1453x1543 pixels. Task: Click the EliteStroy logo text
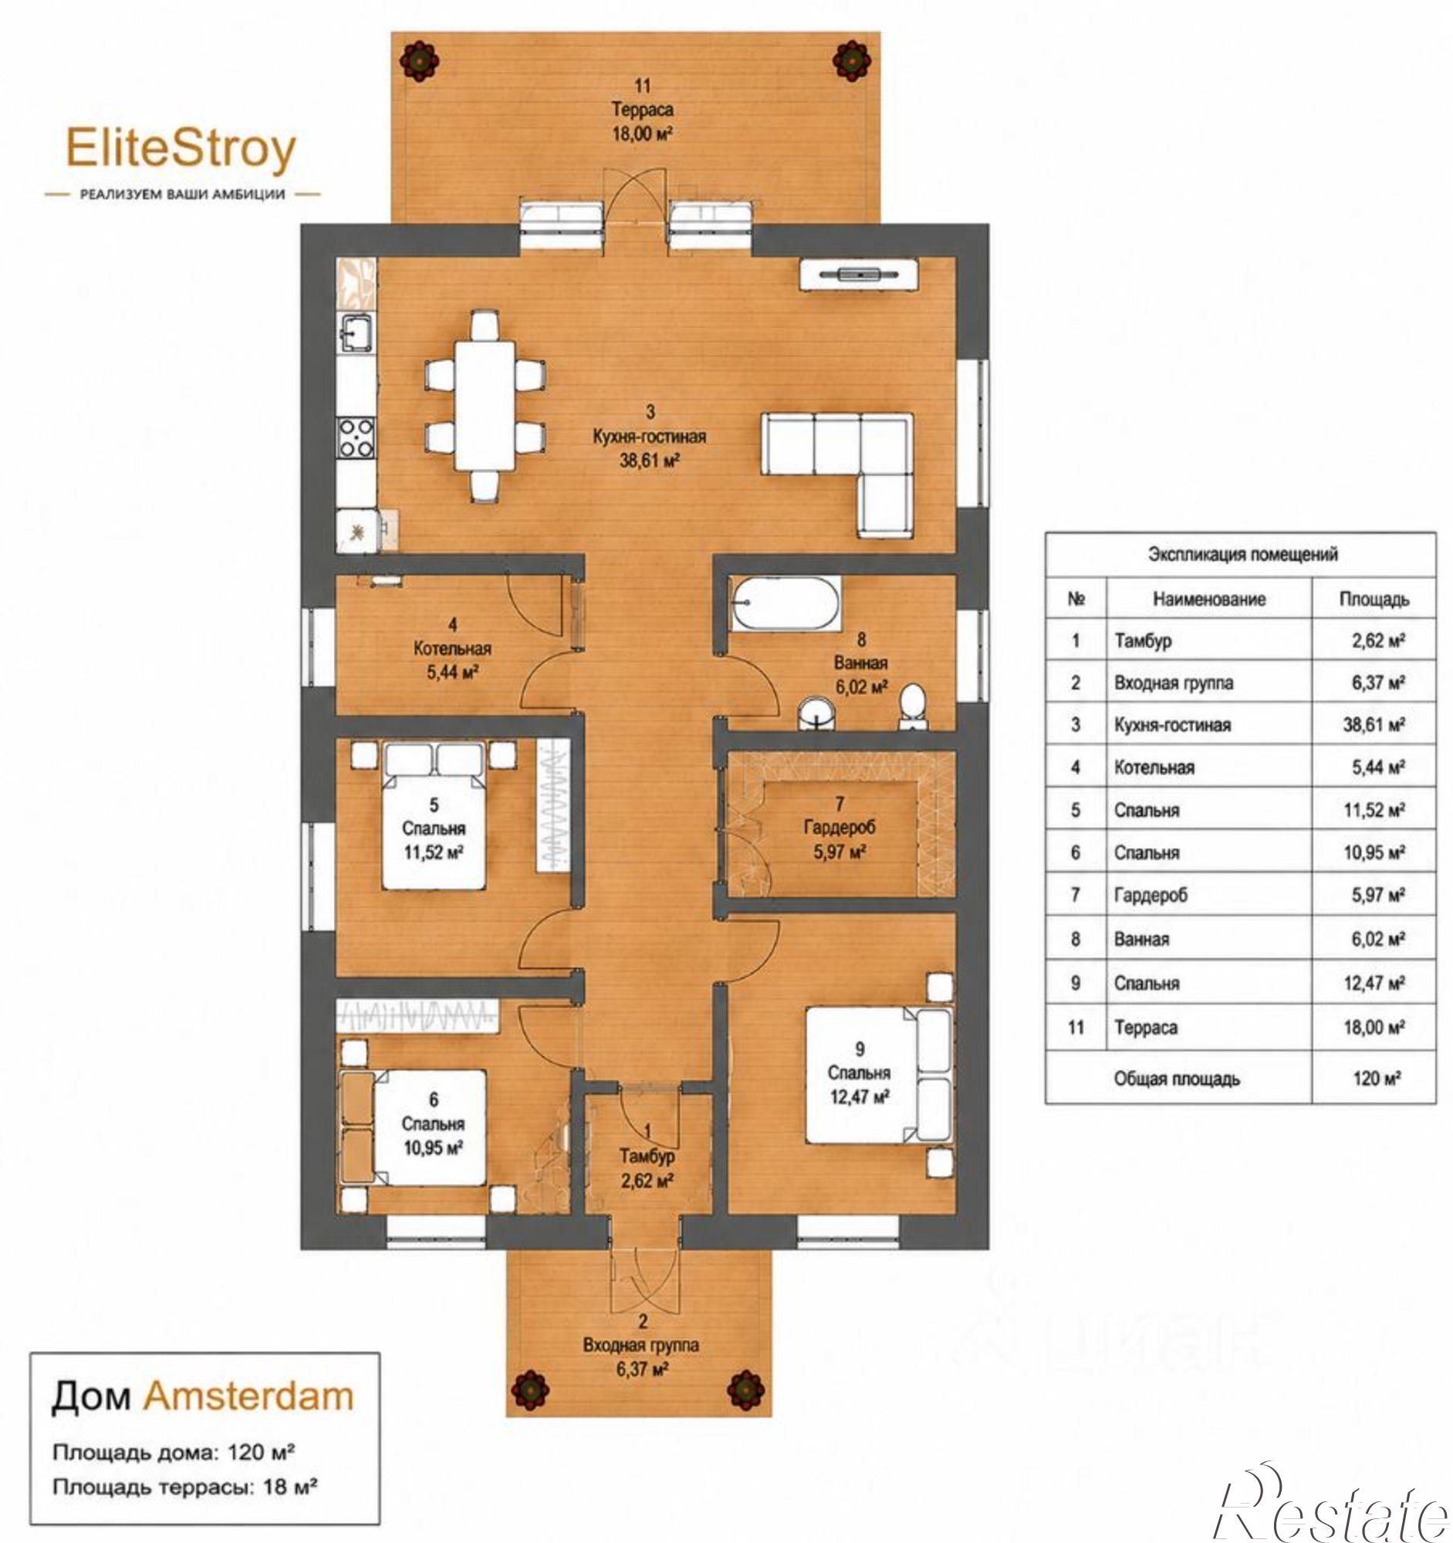pyautogui.click(x=181, y=149)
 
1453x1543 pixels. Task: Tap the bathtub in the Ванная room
pyautogui.click(x=785, y=603)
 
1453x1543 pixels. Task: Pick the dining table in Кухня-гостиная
pyautogui.click(x=485, y=404)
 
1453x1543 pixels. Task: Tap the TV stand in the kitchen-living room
pyautogui.click(x=858, y=274)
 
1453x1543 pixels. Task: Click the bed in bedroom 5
pyautogui.click(x=433, y=815)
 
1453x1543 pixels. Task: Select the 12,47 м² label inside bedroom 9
pyautogui.click(x=860, y=1097)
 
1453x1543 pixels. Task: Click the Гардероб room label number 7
pyautogui.click(x=838, y=802)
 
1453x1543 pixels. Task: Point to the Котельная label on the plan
pyautogui.click(x=451, y=648)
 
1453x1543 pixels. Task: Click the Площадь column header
pyautogui.click(x=1374, y=599)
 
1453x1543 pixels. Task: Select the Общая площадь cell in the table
pyautogui.click(x=1177, y=1078)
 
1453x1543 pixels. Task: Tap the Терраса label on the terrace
pyautogui.click(x=642, y=110)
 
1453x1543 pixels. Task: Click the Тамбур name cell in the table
pyautogui.click(x=1143, y=640)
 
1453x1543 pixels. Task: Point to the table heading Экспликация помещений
pyautogui.click(x=1242, y=554)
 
